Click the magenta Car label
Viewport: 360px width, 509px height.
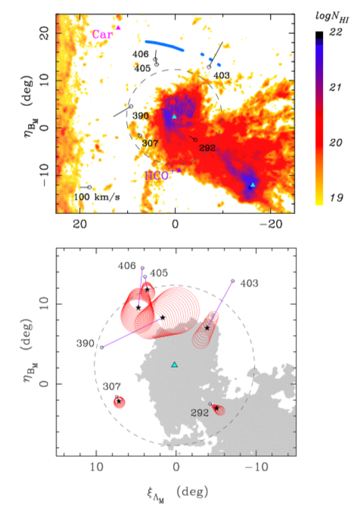click(103, 34)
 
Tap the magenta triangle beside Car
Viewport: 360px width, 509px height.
click(118, 28)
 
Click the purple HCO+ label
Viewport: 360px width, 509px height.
click(158, 175)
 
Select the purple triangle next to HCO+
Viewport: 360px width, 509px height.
click(178, 169)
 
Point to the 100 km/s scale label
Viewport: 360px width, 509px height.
click(97, 197)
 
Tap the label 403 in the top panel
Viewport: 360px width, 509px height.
click(222, 76)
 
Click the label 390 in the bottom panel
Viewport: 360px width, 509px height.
click(85, 343)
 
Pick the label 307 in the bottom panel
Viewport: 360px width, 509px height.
click(112, 386)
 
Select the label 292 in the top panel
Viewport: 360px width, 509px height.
click(207, 148)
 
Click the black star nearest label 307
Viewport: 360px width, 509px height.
click(119, 402)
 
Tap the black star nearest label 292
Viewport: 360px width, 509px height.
click(217, 408)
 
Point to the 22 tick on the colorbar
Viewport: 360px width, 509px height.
click(335, 32)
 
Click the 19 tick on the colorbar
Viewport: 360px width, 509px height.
click(336, 197)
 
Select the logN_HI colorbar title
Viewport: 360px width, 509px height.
click(332, 18)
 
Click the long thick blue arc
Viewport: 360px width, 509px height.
click(165, 46)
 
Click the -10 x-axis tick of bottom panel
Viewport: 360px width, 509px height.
click(256, 467)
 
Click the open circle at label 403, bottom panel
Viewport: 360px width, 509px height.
click(232, 281)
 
